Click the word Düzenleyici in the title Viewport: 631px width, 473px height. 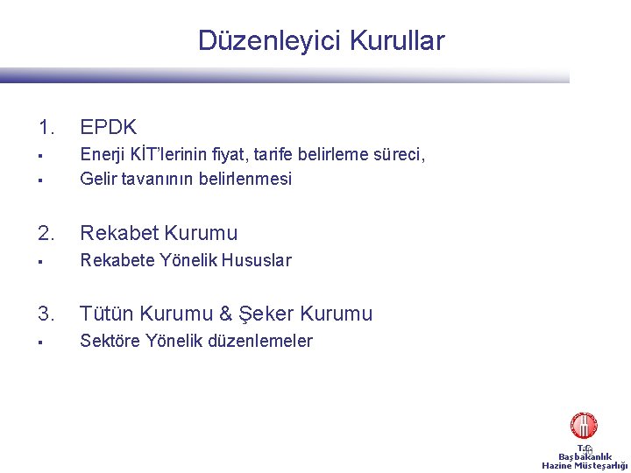270,41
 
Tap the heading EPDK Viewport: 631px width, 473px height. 108,128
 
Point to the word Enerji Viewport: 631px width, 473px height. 101,156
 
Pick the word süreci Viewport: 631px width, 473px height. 397,156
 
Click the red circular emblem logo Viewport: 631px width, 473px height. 584,426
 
